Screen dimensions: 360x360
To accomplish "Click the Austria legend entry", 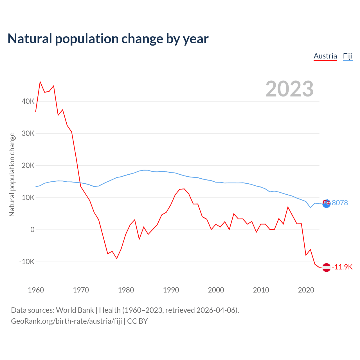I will pos(325,56).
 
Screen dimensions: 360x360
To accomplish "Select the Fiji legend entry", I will pos(348,56).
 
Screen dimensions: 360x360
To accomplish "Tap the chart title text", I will pos(108,39).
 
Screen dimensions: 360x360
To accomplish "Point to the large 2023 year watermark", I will pos(289,89).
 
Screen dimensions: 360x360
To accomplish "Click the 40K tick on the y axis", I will pos(28,101).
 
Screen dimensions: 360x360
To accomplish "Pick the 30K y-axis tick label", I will pos(28,133).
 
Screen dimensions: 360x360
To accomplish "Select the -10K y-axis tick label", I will pos(27,262).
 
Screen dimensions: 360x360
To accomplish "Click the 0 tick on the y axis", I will pos(32,229).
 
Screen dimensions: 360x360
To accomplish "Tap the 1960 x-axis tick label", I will pos(36,290).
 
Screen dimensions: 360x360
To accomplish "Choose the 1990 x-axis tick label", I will pos(171,290).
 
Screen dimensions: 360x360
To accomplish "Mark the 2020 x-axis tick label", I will pos(306,290).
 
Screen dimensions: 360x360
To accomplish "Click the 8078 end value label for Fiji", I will pos(340,203).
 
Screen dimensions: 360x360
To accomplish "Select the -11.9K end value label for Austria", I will pos(342,267).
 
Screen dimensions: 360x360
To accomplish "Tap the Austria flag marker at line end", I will pos(326,267).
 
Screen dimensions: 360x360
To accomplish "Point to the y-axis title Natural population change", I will pos(12,174).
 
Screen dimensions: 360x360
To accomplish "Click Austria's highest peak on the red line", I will pos(40,82).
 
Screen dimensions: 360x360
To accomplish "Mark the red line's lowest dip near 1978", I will pos(117,258).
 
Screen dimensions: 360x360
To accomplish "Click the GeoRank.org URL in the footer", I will pos(66,321).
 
